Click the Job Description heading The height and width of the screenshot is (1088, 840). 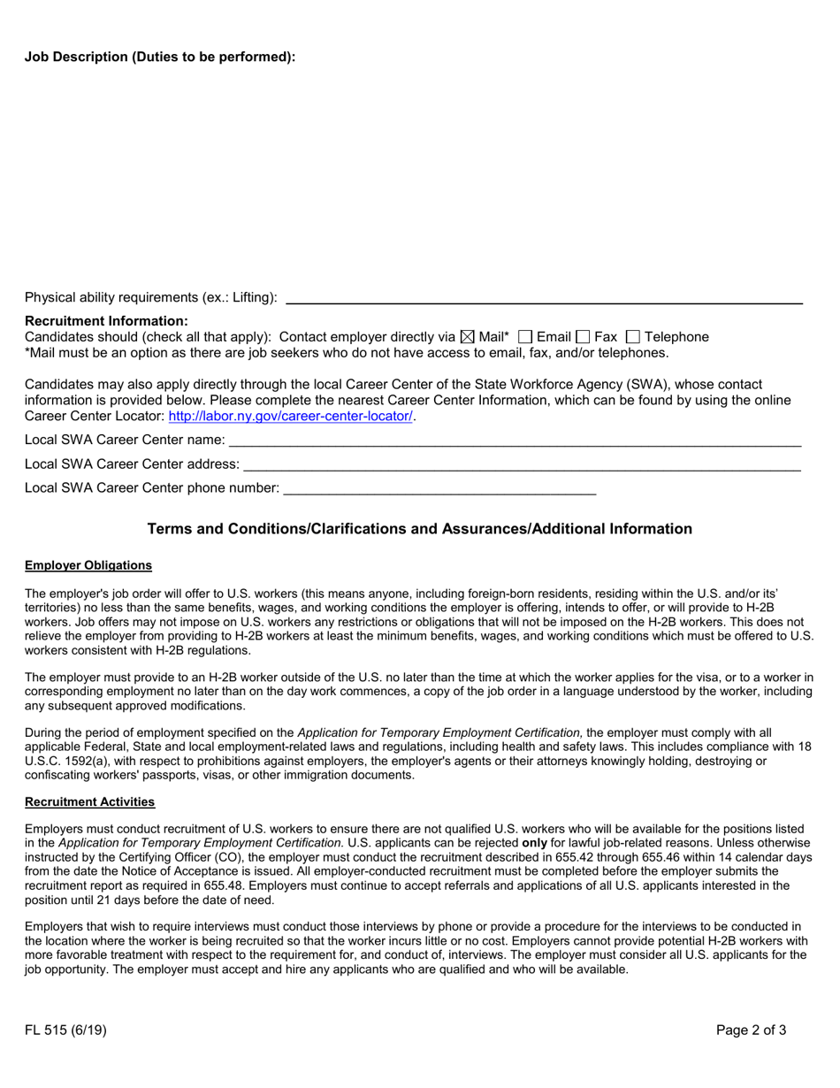pos(160,57)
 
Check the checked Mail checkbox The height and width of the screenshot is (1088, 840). pos(468,337)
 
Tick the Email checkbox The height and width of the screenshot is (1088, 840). pos(525,337)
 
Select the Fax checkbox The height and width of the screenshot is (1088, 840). pos(583,337)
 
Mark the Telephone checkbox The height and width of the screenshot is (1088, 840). pos(632,337)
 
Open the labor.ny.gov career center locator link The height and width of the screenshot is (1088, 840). pos(290,416)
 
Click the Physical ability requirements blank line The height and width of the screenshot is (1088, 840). pos(544,299)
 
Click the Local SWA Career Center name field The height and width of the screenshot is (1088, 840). pos(515,441)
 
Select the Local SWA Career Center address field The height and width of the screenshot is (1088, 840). pos(522,464)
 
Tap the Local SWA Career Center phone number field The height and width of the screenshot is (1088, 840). pos(439,488)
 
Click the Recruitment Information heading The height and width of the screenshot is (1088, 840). pos(106,321)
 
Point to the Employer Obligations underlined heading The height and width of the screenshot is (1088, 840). pos(88,565)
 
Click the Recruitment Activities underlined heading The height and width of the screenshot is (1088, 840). pos(90,801)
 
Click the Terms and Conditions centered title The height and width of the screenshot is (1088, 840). pos(419,529)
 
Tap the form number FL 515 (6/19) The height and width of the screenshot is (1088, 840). pos(66,1030)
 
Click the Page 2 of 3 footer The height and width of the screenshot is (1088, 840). pos(751,1030)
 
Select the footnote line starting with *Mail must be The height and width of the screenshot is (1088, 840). pos(347,353)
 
